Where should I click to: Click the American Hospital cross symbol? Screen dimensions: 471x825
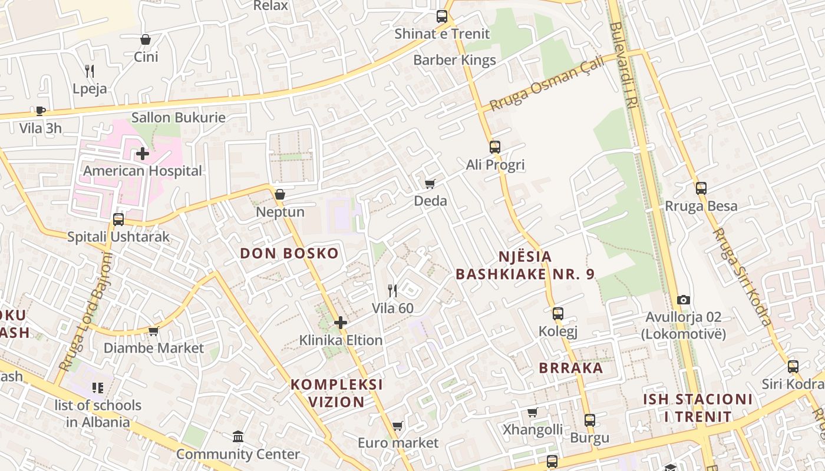click(142, 154)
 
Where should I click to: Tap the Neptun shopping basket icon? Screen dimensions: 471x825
click(280, 194)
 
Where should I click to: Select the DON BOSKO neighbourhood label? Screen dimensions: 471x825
click(289, 254)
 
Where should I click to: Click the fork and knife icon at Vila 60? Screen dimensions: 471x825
click(392, 290)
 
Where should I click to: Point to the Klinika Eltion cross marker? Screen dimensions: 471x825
click(341, 323)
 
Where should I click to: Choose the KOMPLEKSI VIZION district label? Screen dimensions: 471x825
click(336, 393)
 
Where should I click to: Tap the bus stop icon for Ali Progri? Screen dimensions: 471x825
click(495, 147)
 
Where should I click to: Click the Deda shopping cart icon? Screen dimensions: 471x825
click(430, 184)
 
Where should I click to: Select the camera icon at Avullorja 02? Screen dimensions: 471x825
click(684, 300)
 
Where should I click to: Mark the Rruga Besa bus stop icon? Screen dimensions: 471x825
click(701, 188)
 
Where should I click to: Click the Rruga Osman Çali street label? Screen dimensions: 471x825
click(547, 84)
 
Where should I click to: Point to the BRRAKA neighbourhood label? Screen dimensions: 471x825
click(571, 368)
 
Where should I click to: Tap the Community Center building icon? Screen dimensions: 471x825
click(238, 437)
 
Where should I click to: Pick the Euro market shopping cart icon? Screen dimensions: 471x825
click(398, 425)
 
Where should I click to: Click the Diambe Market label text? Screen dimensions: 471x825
click(154, 348)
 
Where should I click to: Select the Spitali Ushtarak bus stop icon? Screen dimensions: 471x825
click(118, 220)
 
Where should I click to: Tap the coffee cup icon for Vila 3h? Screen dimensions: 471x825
click(40, 111)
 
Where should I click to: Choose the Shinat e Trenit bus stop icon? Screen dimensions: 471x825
click(442, 16)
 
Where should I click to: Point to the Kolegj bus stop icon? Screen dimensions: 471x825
click(558, 314)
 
